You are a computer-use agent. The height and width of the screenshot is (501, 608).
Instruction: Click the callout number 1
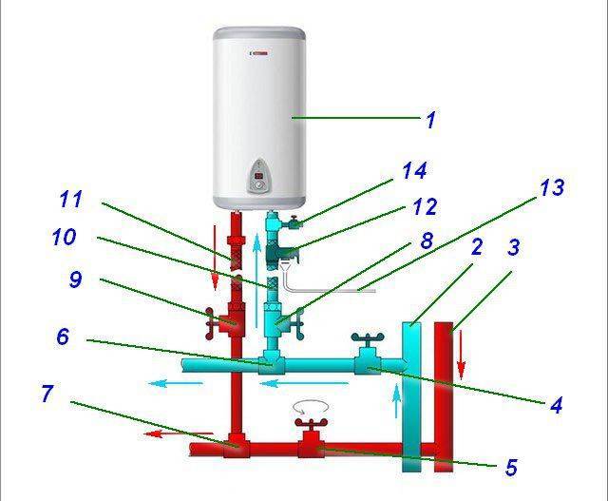(x=431, y=120)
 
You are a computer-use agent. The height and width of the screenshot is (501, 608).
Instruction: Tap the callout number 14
(x=414, y=171)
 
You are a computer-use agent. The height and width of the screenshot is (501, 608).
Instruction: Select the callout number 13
(x=552, y=187)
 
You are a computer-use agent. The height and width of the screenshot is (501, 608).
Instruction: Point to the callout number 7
(x=47, y=394)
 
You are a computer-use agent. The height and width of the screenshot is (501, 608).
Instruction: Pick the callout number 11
(x=71, y=199)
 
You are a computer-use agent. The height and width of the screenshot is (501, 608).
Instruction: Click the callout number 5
(x=511, y=467)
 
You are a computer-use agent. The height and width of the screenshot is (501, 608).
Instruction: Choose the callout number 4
(x=556, y=406)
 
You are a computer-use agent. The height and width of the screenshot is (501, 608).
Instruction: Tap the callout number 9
(x=76, y=279)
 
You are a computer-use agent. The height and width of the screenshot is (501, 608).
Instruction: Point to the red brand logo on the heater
(x=260, y=53)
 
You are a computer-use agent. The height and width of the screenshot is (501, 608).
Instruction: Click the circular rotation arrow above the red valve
(x=311, y=408)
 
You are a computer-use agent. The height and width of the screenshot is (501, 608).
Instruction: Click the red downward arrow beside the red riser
(x=461, y=354)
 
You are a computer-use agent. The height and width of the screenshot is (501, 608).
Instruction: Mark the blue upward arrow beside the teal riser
(x=396, y=401)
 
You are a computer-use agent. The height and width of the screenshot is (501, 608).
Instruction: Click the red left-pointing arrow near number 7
(x=178, y=434)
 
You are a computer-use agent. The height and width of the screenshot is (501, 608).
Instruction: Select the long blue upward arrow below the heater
(x=256, y=280)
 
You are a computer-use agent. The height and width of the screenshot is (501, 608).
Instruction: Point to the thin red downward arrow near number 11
(x=215, y=258)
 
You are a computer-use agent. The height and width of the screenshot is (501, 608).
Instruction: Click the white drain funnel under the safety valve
(x=285, y=267)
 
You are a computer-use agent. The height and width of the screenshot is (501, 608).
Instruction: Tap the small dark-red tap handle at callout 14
(x=294, y=221)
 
